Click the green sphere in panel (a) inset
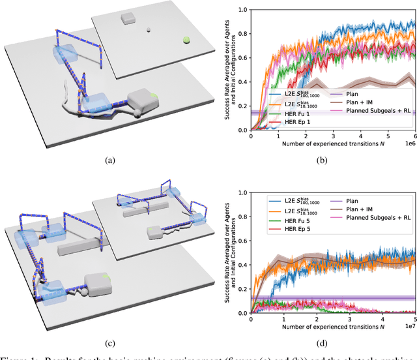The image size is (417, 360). click(x=186, y=40)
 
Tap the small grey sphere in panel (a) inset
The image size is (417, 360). click(x=149, y=30)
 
